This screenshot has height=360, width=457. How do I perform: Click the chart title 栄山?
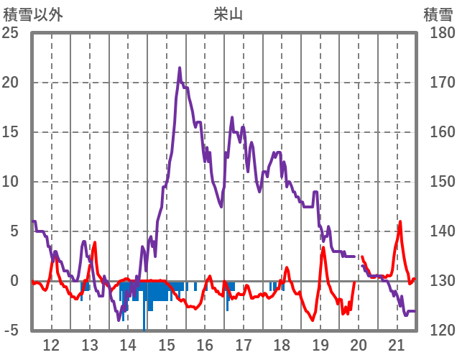tap(228, 12)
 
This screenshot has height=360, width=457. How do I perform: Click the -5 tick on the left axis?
tap(13, 331)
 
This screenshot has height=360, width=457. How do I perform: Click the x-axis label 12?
tap(52, 345)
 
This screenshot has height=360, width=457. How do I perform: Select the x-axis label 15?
tap(167, 345)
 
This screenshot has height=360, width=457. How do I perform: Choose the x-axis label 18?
tap(282, 345)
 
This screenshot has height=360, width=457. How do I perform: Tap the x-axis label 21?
tap(397, 345)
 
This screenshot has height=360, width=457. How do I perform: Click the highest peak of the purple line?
tap(180, 68)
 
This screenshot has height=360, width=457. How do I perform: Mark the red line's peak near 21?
tap(400, 221)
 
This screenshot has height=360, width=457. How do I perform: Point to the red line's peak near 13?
tap(95, 243)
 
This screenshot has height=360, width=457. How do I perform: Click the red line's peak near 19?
tap(323, 248)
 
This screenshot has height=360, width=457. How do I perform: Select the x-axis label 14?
tap(128, 345)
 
